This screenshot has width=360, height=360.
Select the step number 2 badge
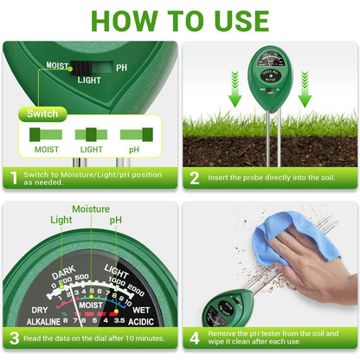coord(195,179)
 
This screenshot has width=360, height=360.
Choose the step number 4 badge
coord(195,338)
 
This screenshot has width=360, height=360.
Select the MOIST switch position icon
coord(46,134)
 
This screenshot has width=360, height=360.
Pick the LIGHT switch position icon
coord(90,134)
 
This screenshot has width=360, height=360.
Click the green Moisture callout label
coord(90,209)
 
